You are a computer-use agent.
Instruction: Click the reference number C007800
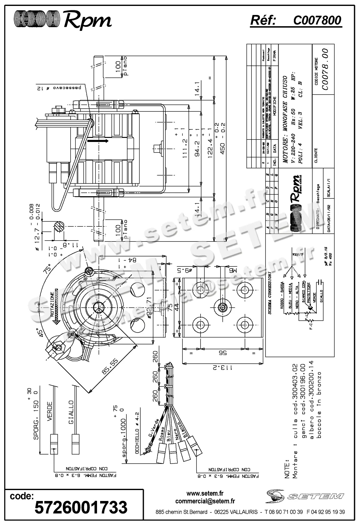317,20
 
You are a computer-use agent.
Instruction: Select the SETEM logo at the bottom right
305,496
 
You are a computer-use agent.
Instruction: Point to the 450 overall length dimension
223,137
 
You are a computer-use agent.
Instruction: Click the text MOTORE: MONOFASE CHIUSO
285,119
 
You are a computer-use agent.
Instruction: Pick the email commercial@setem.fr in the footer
205,501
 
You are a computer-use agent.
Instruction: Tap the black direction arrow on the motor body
98,141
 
